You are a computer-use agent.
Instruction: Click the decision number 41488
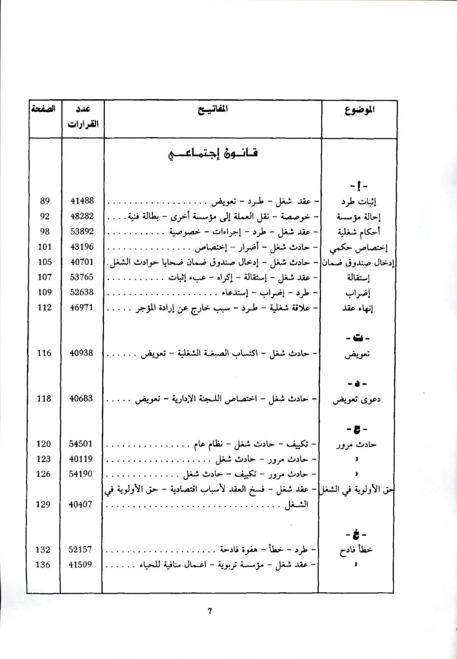[x=82, y=201]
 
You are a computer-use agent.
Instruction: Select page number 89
[x=45, y=201]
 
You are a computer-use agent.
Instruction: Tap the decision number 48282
[x=82, y=216]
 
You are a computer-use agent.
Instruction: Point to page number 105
[x=45, y=262]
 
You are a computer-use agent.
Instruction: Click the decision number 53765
[x=82, y=277]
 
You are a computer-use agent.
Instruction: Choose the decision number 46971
[x=82, y=307]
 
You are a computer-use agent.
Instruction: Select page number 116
[x=44, y=353]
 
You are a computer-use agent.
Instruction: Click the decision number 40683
[x=81, y=399]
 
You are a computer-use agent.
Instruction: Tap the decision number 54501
[x=81, y=444]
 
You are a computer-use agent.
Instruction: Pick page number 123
[x=44, y=459]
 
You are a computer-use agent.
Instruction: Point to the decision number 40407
[x=81, y=504]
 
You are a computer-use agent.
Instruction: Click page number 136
[x=43, y=565]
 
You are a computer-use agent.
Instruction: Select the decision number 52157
[x=81, y=550]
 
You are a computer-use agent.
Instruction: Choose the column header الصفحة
[x=44, y=109]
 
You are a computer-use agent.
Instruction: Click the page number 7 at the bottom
[x=210, y=611]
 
